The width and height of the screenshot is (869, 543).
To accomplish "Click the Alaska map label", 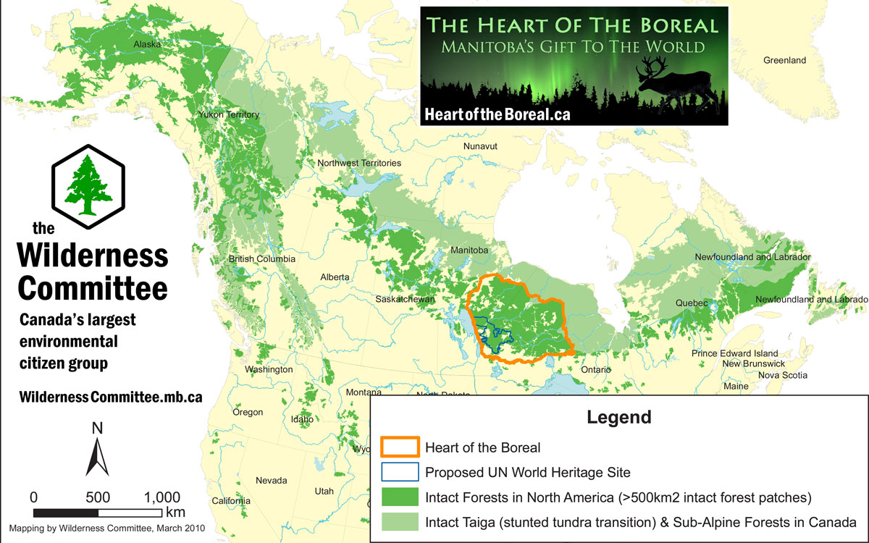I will pos(146,46).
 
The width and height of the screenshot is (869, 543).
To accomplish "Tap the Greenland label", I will pos(784,61).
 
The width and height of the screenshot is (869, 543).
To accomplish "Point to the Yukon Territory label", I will pos(229,115).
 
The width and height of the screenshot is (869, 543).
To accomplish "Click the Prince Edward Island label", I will pos(734,353).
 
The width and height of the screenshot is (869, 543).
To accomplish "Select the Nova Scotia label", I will pos(783,375).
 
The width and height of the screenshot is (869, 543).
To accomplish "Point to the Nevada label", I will pos(271,481).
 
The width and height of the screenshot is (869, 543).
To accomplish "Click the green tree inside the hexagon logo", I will pos(89,185).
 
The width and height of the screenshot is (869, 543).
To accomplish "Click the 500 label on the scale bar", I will pos(98,497).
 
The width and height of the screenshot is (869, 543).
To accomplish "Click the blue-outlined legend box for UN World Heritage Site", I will pos(399,472).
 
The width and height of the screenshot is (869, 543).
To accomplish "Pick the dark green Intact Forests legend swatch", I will pos(399,497).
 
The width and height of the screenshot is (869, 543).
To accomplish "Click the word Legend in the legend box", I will pos(619,417).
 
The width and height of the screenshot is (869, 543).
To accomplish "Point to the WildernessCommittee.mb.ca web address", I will pos(110,397).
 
